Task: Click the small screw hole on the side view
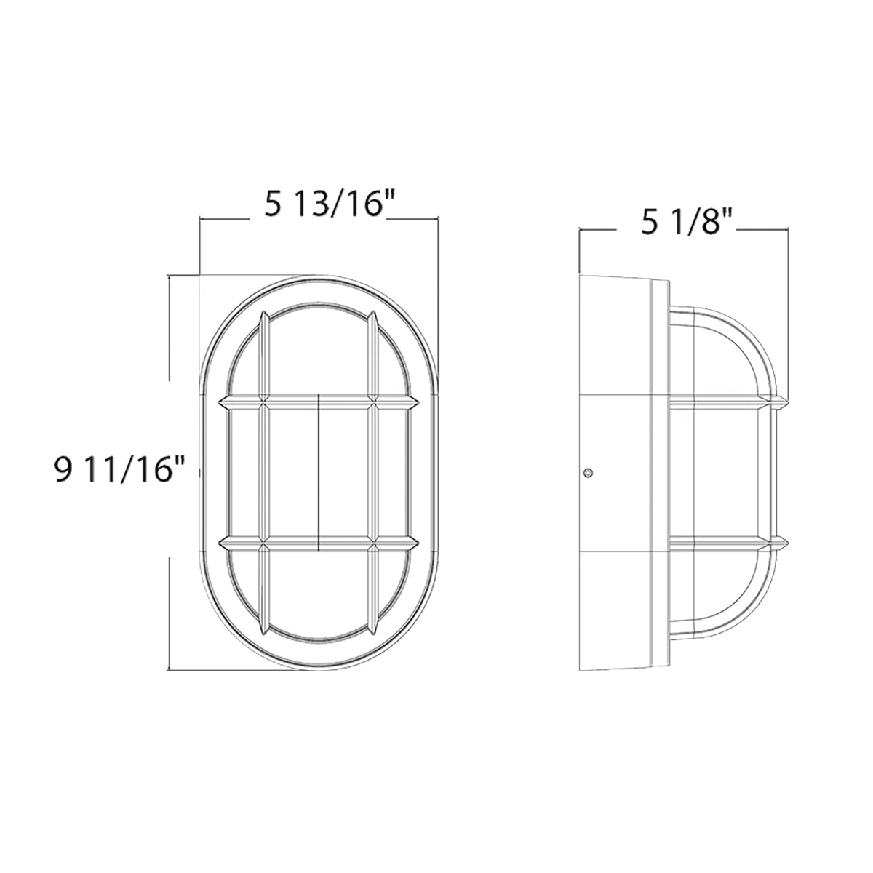pyautogui.click(x=589, y=474)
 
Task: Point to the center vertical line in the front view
pyautogui.click(x=319, y=472)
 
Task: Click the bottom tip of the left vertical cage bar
pyautogui.click(x=263, y=629)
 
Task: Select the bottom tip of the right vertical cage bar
pyautogui.click(x=373, y=629)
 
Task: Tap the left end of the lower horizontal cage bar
pyautogui.click(x=220, y=542)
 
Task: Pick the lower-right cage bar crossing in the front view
pyautogui.click(x=373, y=542)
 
